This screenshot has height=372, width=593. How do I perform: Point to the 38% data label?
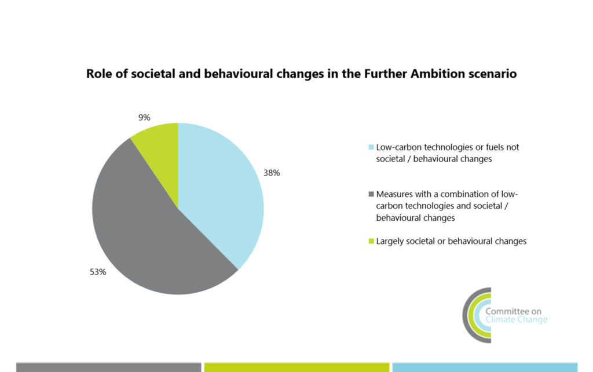(x=272, y=173)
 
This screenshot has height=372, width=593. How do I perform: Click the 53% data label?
(x=98, y=272)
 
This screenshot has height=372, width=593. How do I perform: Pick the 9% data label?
(x=144, y=118)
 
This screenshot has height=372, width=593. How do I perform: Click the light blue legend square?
(x=371, y=147)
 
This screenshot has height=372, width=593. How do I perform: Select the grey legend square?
(x=371, y=194)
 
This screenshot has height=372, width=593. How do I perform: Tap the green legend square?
(x=371, y=242)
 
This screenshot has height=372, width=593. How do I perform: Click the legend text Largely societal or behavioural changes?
(x=451, y=241)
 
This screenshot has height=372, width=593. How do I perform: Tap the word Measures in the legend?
(x=393, y=194)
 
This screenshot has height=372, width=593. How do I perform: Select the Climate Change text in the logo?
(x=516, y=320)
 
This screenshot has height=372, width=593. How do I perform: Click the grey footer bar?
(x=108, y=367)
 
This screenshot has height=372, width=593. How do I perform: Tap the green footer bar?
(x=296, y=367)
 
